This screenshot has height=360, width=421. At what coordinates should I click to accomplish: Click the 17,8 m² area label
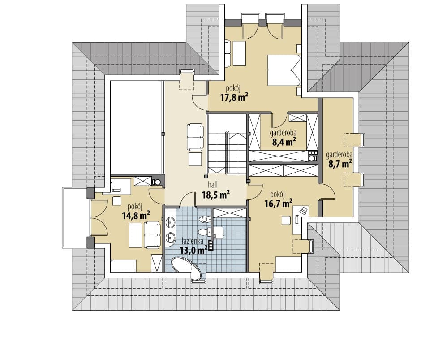(x=234, y=97)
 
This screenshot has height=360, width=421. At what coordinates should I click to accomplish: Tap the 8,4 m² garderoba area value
(x=284, y=142)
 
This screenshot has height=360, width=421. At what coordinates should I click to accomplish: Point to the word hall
(x=213, y=185)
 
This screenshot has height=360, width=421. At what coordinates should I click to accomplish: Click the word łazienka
(x=192, y=242)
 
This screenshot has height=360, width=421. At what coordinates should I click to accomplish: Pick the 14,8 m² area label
(x=136, y=215)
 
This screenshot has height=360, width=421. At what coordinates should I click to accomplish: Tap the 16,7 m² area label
(x=279, y=203)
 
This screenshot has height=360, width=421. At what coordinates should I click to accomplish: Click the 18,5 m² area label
(x=215, y=194)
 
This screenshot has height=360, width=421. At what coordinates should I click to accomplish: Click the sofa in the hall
(x=195, y=137)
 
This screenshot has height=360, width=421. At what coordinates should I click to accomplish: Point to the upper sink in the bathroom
(x=170, y=222)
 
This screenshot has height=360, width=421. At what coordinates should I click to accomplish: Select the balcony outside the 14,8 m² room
(x=75, y=218)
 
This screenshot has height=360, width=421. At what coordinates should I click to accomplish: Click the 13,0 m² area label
(x=193, y=250)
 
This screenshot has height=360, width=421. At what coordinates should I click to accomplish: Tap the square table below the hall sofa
(x=195, y=159)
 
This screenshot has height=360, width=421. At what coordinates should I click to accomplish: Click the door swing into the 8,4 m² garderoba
(x=279, y=120)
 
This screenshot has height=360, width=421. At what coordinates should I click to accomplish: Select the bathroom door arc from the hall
(x=187, y=199)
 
